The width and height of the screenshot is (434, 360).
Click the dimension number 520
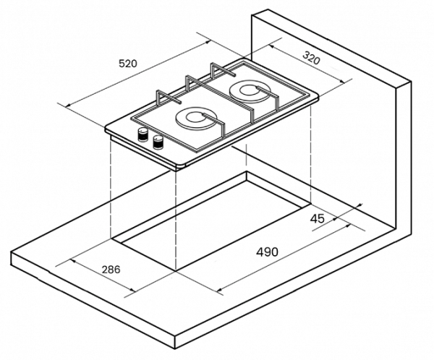point(127,64)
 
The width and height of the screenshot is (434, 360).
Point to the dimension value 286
point(111,270)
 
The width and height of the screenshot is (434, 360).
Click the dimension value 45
point(317,218)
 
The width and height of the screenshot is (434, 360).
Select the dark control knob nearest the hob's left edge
point(143,134)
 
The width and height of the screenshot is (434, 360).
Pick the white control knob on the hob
point(158,142)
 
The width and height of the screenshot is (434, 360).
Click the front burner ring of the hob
point(194,119)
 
